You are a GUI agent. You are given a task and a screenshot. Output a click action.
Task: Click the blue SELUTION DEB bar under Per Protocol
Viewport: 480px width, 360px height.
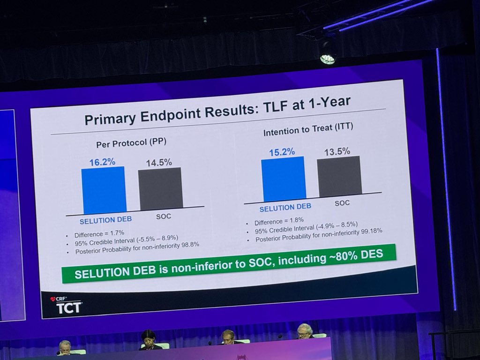[x=104, y=190]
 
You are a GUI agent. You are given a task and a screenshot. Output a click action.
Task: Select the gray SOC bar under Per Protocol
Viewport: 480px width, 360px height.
[x=160, y=188]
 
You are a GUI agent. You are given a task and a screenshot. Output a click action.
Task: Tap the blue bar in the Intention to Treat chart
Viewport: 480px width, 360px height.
[x=283, y=179]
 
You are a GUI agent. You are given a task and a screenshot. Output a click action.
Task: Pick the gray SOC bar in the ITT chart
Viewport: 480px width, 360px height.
[x=339, y=176]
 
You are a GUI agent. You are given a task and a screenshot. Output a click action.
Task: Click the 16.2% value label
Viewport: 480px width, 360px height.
[x=102, y=162]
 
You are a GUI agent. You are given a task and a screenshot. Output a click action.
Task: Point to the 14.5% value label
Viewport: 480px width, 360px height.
[x=159, y=163]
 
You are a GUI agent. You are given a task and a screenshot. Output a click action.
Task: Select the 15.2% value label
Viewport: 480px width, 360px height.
[x=282, y=152]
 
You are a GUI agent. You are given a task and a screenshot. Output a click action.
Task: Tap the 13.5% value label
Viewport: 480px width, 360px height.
[x=337, y=151]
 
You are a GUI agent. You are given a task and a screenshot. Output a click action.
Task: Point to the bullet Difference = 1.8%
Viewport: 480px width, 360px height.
[x=279, y=220]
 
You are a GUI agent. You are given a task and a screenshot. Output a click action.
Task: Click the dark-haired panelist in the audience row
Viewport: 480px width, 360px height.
[x=148, y=339]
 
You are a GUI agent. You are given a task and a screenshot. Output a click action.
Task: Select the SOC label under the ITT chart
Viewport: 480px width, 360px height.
[x=342, y=203]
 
